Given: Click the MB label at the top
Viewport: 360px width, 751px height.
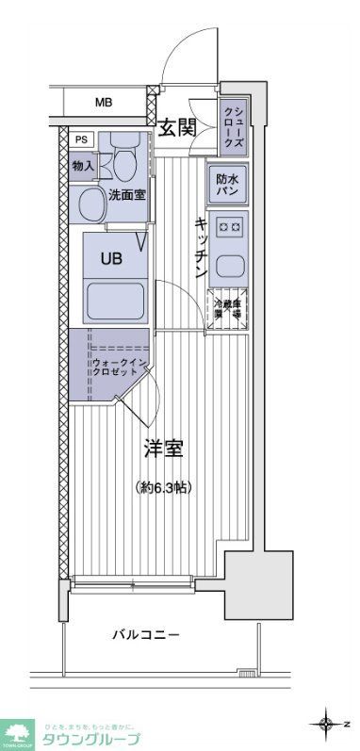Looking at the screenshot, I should click(102, 102).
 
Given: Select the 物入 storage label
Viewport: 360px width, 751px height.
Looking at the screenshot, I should click(82, 166).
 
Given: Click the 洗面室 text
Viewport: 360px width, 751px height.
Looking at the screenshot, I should click(124, 196).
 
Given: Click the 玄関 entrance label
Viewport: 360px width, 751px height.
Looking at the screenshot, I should click(176, 127).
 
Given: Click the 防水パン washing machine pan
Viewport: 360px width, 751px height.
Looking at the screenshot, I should click(227, 185).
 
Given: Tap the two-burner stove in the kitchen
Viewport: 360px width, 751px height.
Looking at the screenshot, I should click(227, 226).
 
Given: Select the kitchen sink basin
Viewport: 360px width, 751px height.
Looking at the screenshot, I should click(229, 263).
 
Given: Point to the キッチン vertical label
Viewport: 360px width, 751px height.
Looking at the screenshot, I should click(201, 247).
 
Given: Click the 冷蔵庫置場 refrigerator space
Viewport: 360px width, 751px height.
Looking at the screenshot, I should click(228, 306).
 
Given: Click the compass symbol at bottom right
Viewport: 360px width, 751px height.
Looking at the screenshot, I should click(327, 724).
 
